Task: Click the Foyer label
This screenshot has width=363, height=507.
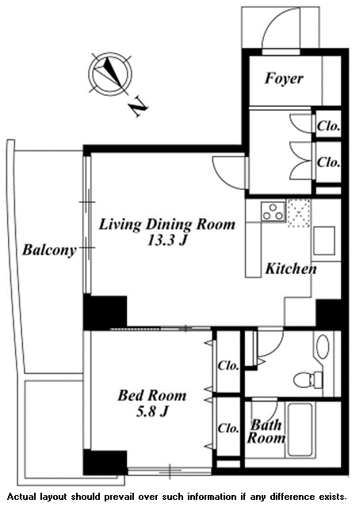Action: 284,78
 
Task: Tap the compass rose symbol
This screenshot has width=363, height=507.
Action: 110,74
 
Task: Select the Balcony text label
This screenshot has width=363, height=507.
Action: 49,250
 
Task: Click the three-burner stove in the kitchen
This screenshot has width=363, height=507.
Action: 273,212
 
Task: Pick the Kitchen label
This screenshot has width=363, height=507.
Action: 291,269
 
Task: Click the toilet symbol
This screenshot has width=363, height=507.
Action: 308,379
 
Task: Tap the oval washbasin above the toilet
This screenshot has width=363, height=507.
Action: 323,346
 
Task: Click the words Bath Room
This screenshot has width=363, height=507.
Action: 266,431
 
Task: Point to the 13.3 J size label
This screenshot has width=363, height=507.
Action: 167,240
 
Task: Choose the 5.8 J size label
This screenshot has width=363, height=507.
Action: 152,412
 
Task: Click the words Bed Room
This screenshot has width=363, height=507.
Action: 151,395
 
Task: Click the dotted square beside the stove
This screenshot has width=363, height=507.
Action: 299,213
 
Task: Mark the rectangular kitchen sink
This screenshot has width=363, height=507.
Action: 324,241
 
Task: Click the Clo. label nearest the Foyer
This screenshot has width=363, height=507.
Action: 328,126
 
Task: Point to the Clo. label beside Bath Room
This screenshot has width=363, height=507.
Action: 228,428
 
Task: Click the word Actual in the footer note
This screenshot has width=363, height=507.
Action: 21,497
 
